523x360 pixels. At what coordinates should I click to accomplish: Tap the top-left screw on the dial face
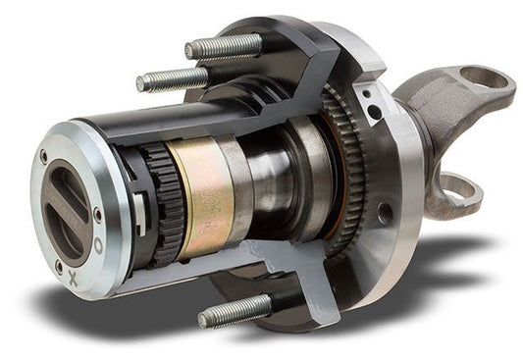[x=43, y=156]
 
